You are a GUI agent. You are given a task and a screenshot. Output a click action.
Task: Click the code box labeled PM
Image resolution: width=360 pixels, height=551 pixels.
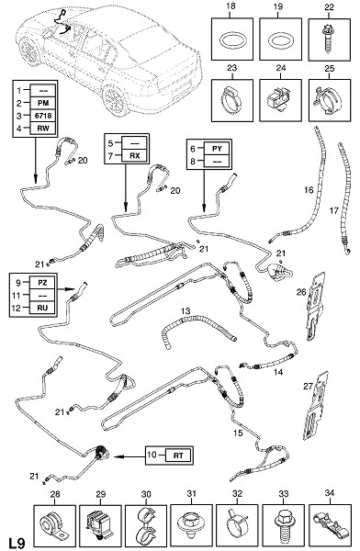[x=42, y=103]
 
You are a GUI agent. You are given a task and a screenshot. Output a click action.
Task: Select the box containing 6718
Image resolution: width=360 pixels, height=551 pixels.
[x=42, y=116]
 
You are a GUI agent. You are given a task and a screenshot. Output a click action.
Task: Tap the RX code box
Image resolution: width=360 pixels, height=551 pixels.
[x=135, y=156]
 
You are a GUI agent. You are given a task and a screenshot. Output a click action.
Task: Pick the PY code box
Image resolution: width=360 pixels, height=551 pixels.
[x=218, y=149]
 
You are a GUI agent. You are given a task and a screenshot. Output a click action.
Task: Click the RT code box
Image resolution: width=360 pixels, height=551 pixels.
[x=178, y=455]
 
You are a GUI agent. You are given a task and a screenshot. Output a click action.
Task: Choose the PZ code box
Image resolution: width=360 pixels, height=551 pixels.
[x=42, y=282]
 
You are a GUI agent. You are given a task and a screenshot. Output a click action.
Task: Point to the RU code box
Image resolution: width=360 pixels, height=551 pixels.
[x=42, y=308]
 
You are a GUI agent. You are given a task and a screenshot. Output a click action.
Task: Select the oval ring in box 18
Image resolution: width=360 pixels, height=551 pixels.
[x=231, y=40]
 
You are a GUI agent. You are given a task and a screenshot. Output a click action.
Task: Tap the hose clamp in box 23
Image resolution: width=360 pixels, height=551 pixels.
[x=231, y=100]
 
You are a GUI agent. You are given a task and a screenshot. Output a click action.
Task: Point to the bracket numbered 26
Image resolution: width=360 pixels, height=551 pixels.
[x=315, y=306]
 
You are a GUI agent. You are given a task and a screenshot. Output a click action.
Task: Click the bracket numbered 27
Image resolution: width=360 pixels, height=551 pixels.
[x=315, y=405]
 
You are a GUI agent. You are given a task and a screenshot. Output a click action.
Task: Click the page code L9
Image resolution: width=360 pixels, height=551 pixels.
[x=17, y=543]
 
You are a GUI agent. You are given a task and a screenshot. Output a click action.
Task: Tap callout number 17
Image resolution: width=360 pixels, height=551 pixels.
[x=334, y=210]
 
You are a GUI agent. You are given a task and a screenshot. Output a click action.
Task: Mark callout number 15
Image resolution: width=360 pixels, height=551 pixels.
[x=239, y=433]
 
